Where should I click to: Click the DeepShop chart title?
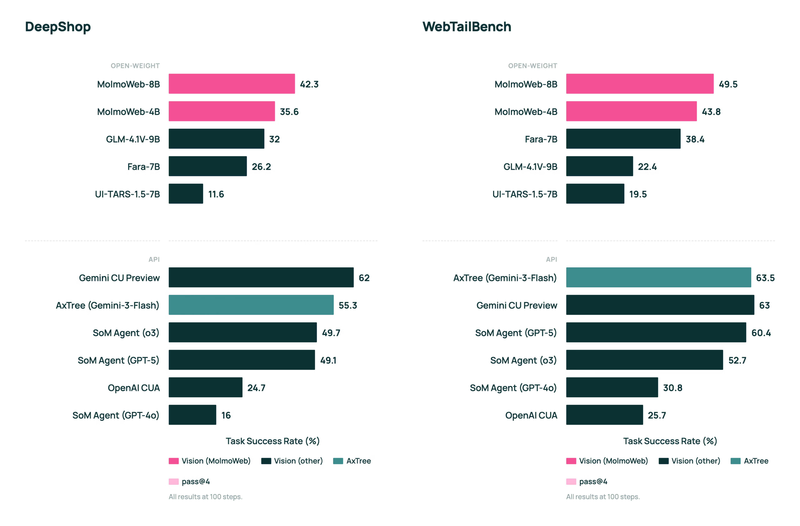click(x=58, y=27)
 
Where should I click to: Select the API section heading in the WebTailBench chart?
click(x=552, y=259)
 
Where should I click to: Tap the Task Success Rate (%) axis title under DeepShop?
click(x=273, y=441)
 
